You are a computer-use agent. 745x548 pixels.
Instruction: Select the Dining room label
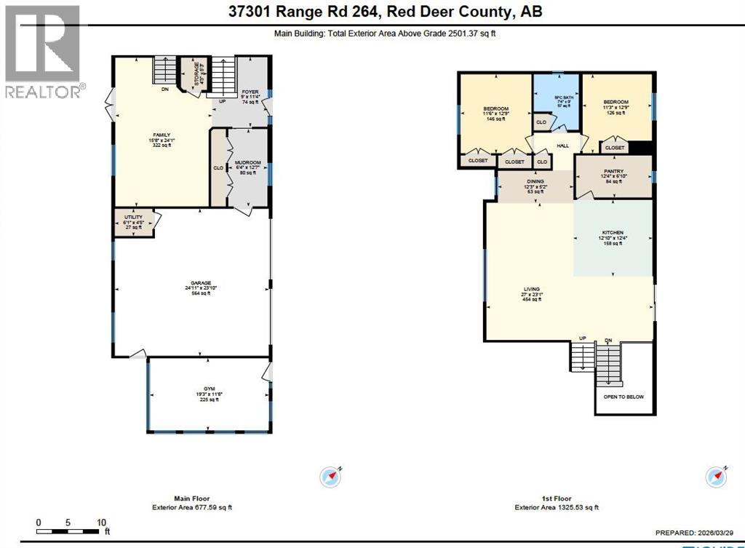tap(535, 183)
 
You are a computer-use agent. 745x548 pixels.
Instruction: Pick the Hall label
tap(562, 146)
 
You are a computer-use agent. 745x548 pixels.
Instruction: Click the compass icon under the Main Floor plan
tap(330, 477)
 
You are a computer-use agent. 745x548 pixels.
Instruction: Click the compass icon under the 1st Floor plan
tap(715, 477)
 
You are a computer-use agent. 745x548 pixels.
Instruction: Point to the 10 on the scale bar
tap(102, 522)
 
